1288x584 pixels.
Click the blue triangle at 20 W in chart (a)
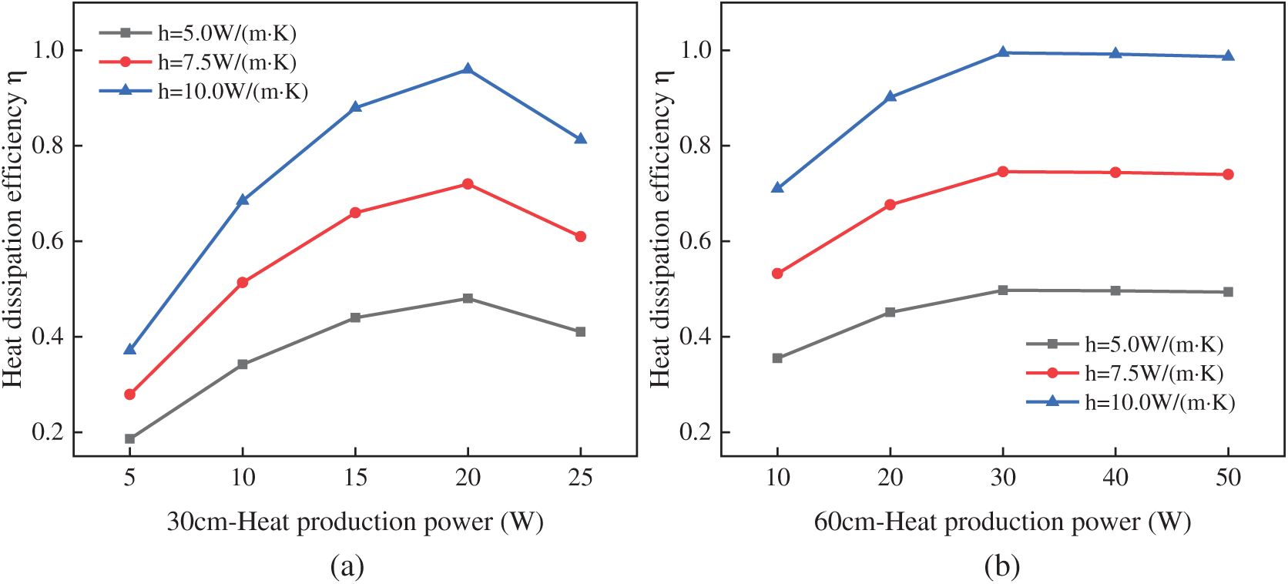point(468,69)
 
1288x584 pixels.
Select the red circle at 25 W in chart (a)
point(580,237)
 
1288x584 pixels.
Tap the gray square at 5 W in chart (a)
point(130,439)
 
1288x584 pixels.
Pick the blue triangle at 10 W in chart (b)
point(777,187)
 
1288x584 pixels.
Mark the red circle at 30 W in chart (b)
point(1003,172)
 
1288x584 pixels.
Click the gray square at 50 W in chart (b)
point(1228,292)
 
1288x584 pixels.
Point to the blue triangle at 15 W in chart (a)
point(355,107)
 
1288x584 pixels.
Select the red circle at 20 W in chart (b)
point(890,205)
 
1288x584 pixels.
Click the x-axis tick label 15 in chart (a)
point(355,478)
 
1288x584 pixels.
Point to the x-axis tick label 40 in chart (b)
point(1115,478)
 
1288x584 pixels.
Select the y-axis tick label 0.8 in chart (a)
point(47,146)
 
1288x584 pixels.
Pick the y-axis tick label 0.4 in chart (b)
point(695,337)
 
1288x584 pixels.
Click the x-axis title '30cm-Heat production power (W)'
point(355,522)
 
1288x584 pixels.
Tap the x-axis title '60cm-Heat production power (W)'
point(1002,522)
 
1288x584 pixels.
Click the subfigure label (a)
point(347,567)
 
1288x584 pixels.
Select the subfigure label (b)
point(1002,567)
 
